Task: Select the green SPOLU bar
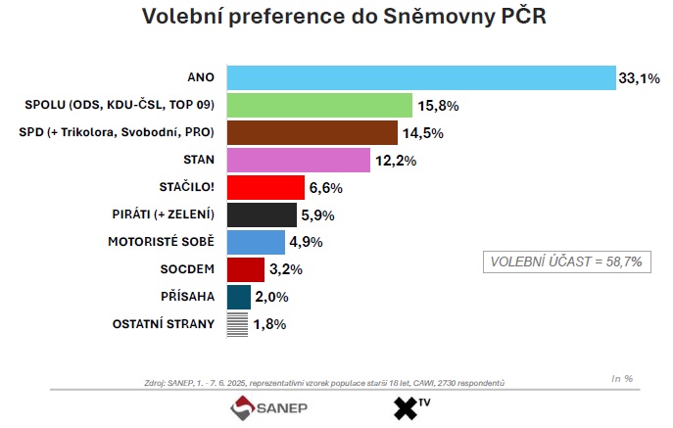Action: (x=319, y=105)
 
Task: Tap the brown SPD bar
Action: (x=312, y=132)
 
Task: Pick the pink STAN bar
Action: (x=298, y=160)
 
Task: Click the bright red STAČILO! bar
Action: (x=265, y=187)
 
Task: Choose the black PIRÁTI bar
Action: (x=262, y=214)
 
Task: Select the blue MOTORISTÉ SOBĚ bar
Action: (x=256, y=242)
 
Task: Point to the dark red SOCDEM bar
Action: (x=246, y=269)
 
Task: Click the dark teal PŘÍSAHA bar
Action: (x=239, y=297)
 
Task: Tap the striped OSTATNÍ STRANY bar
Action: (x=237, y=324)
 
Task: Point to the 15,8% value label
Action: (x=438, y=105)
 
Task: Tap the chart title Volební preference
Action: (x=337, y=17)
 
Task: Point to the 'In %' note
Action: (x=622, y=378)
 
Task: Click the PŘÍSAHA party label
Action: (x=187, y=297)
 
